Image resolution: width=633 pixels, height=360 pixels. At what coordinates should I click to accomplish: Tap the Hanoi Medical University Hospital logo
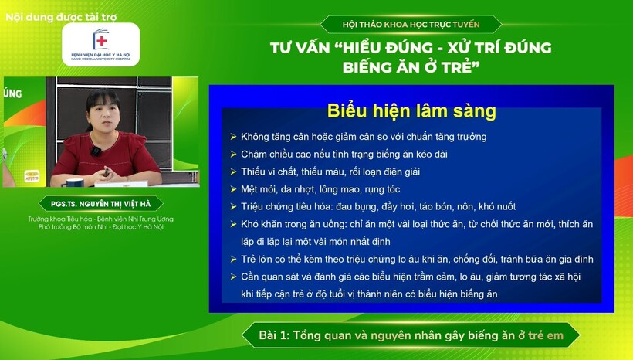(x=100, y=44)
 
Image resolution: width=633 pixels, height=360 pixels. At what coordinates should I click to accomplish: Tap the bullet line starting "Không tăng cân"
(x=364, y=137)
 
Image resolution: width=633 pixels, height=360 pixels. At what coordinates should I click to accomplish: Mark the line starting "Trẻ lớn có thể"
(x=417, y=259)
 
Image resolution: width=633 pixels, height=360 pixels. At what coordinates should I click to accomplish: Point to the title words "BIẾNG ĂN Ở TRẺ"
(x=411, y=67)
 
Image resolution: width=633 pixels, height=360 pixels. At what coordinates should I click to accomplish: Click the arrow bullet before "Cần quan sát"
(x=233, y=277)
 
